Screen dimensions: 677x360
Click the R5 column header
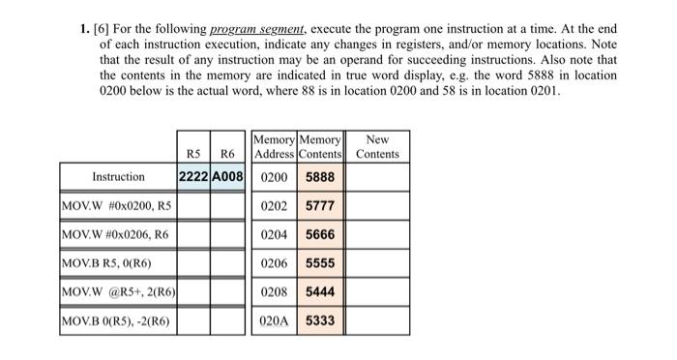pyautogui.click(x=193, y=154)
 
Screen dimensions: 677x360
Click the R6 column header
pyautogui.click(x=227, y=154)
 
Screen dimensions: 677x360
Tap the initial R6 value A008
pyautogui.click(x=228, y=177)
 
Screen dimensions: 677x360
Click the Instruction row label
pyautogui.click(x=118, y=177)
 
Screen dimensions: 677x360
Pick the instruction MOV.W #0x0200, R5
pyautogui.click(x=116, y=205)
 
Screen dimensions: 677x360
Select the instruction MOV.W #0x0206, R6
pyautogui.click(x=115, y=234)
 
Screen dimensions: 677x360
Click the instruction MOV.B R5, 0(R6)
pyautogui.click(x=105, y=262)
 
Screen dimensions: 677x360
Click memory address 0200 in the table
pyautogui.click(x=275, y=177)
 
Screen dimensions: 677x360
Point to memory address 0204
pyautogui.click(x=275, y=234)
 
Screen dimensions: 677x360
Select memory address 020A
pyautogui.click(x=275, y=319)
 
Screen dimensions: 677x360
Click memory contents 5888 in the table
pyautogui.click(x=321, y=177)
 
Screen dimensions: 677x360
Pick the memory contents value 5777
pyautogui.click(x=321, y=205)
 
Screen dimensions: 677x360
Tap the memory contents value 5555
pyautogui.click(x=321, y=262)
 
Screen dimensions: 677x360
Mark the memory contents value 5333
pyautogui.click(x=321, y=319)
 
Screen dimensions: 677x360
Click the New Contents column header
pyautogui.click(x=377, y=147)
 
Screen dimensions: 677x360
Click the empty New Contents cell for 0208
pyautogui.click(x=377, y=291)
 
